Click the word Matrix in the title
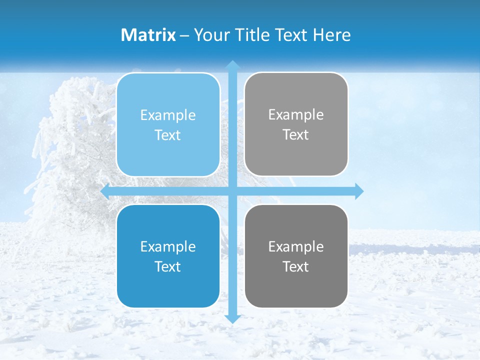click(148, 35)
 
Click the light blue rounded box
click(168, 124)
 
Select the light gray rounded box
click(296, 124)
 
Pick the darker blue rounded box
click(168, 256)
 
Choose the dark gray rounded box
click(296, 256)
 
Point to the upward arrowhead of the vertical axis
click(232, 65)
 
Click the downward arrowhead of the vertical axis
click(232, 318)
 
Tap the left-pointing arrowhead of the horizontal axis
click(105, 191)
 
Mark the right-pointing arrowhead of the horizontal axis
click(358, 191)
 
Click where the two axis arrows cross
click(232, 191)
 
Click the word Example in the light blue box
click(168, 115)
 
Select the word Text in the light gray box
click(296, 135)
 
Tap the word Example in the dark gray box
click(296, 246)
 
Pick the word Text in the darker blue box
click(168, 266)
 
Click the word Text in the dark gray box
click(296, 266)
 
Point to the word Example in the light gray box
click(296, 115)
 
